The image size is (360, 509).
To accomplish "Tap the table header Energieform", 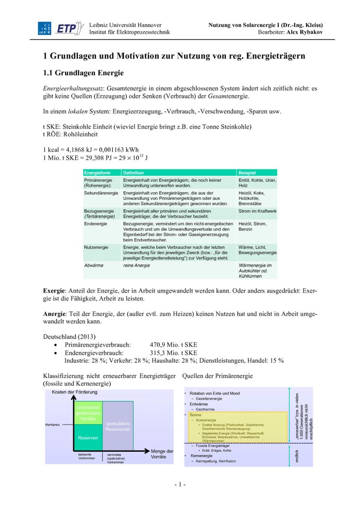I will pos(97,173).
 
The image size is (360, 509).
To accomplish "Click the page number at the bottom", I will pos(180,484).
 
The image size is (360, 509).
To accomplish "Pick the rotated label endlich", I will pos(297,456).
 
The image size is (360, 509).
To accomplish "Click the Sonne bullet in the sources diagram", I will pos(196,414).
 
